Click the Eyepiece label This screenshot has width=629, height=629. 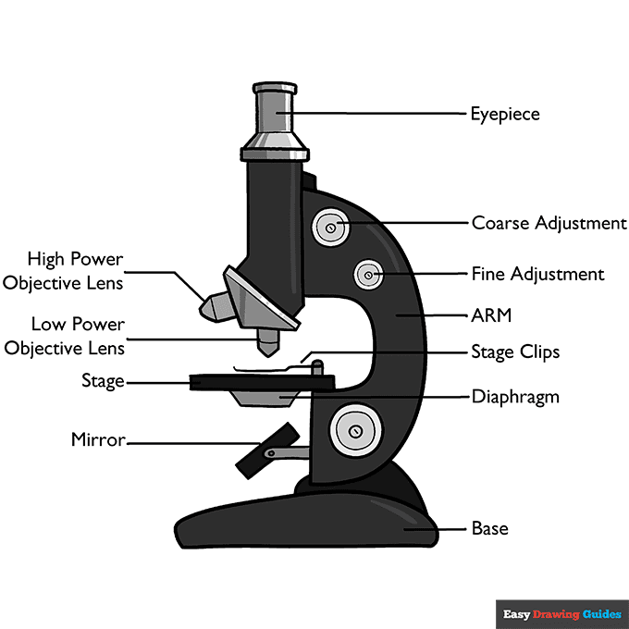click(x=504, y=115)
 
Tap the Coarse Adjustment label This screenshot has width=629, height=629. click(x=549, y=223)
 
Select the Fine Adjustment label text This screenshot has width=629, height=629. click(x=537, y=274)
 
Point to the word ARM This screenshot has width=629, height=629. click(x=491, y=315)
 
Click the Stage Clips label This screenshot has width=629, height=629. click(x=515, y=352)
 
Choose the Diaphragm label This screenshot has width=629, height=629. click(x=515, y=397)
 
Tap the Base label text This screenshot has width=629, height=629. click(x=489, y=529)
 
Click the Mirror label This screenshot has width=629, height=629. click(x=97, y=440)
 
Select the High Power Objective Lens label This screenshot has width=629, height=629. click(x=63, y=271)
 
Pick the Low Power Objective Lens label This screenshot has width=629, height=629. click(x=64, y=336)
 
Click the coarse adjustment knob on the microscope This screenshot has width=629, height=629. click(x=331, y=225)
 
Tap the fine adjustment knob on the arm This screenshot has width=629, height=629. click(x=369, y=274)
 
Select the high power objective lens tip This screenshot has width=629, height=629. click(x=211, y=306)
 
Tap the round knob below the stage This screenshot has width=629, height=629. click(x=356, y=429)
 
